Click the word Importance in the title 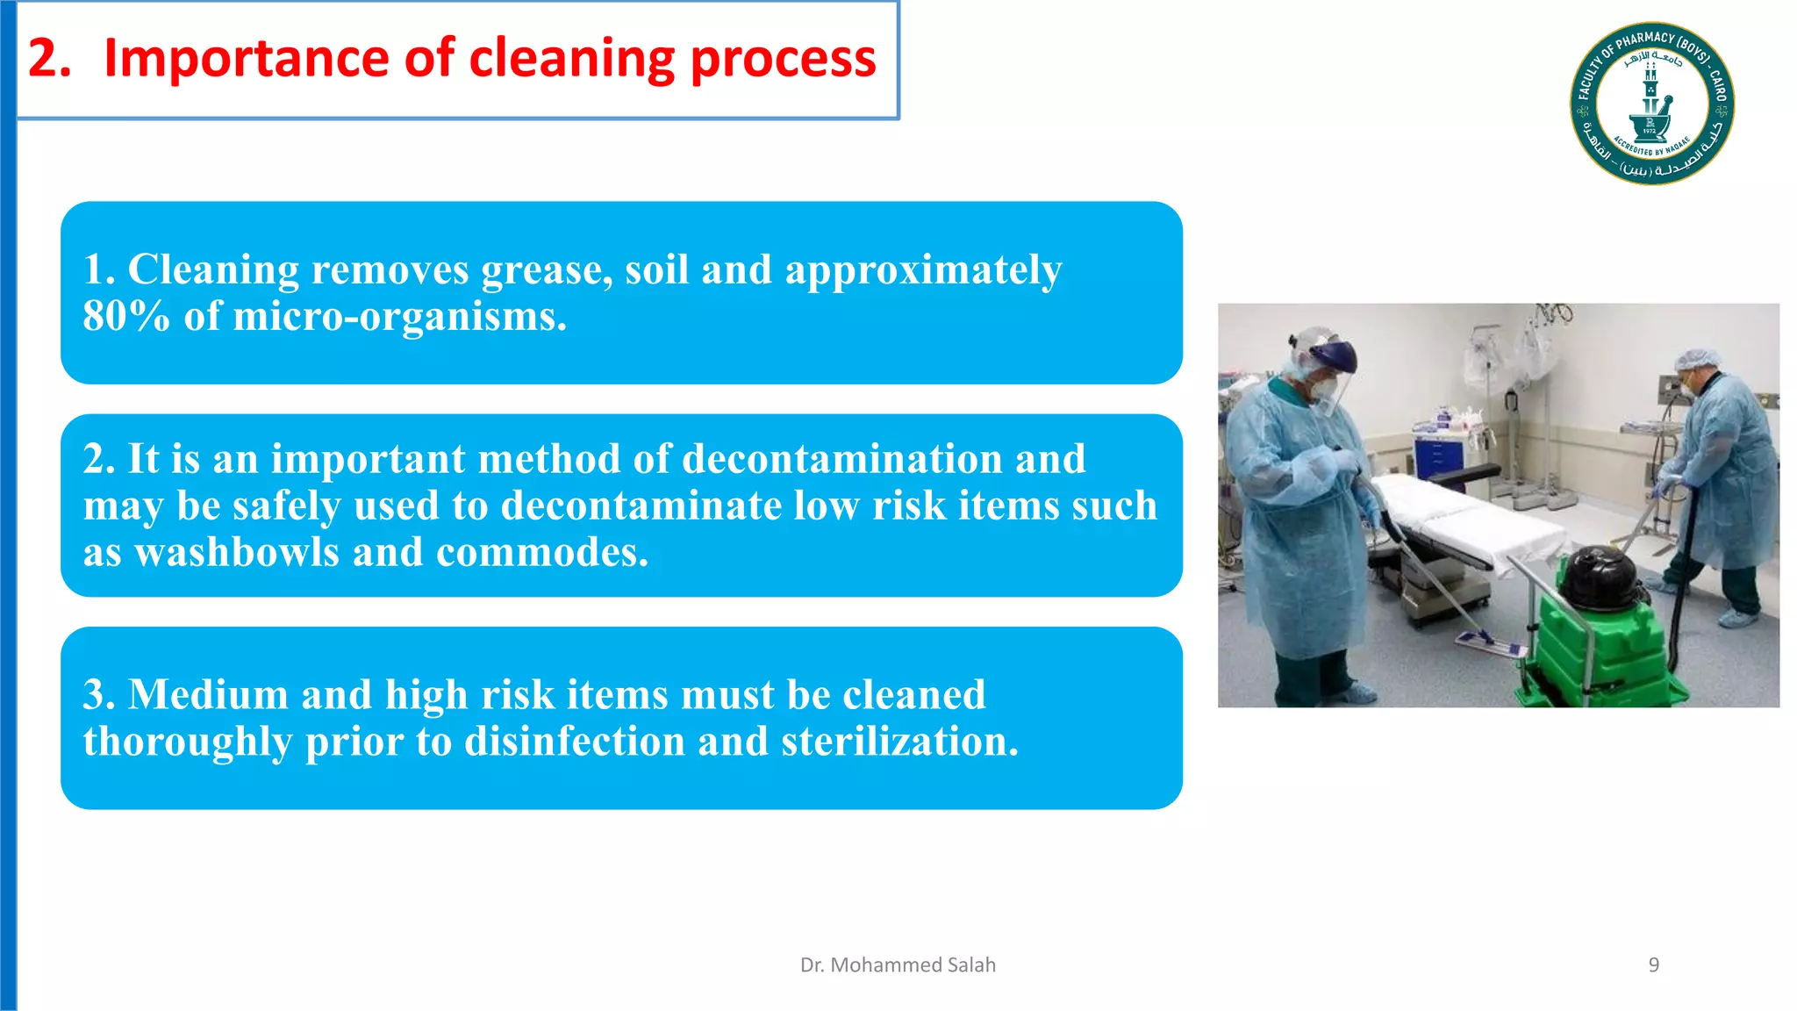246,59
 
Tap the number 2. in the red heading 49,59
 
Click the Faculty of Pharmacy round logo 1651,104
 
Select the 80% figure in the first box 125,316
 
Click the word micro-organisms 399,316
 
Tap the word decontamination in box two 841,459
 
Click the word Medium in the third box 208,694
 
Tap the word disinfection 574,742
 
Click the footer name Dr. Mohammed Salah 898,964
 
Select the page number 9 1653,964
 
